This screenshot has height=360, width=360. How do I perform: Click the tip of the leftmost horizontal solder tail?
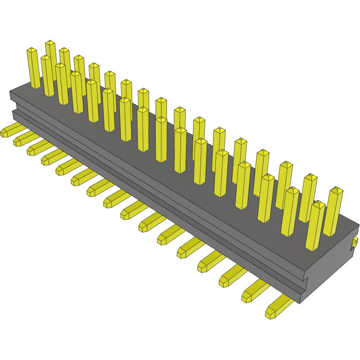[x=4, y=132]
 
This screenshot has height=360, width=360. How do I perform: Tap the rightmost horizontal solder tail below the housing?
[x=277, y=308]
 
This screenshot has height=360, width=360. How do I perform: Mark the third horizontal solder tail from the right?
[x=231, y=276]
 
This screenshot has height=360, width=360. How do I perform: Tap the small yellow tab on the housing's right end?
[x=355, y=243]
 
